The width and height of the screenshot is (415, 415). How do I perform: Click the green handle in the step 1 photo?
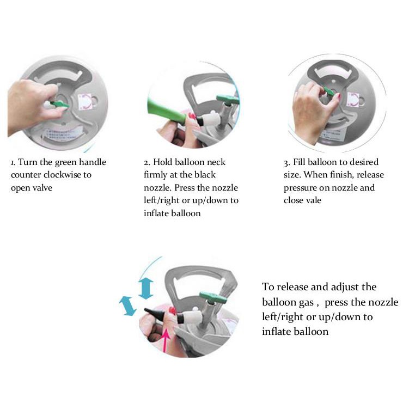pyautogui.click(x=59, y=103)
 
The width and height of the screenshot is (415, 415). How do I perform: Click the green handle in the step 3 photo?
pyautogui.click(x=330, y=91)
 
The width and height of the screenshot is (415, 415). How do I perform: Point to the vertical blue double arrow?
pyautogui.click(x=146, y=289)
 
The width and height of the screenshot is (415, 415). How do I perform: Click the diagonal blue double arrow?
pyautogui.click(x=127, y=306)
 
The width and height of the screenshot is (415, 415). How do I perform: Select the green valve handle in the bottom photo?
pyautogui.click(x=213, y=297)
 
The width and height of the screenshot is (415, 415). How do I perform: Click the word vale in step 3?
pyautogui.click(x=314, y=200)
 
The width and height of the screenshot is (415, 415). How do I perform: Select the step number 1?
pyautogui.click(x=13, y=162)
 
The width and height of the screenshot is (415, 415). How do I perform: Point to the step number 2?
pyautogui.click(x=147, y=162)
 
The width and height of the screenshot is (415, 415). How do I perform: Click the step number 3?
pyautogui.click(x=286, y=163)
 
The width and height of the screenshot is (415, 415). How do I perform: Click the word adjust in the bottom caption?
pyautogui.click(x=346, y=288)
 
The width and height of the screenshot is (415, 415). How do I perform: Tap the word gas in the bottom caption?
pyautogui.click(x=307, y=303)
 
